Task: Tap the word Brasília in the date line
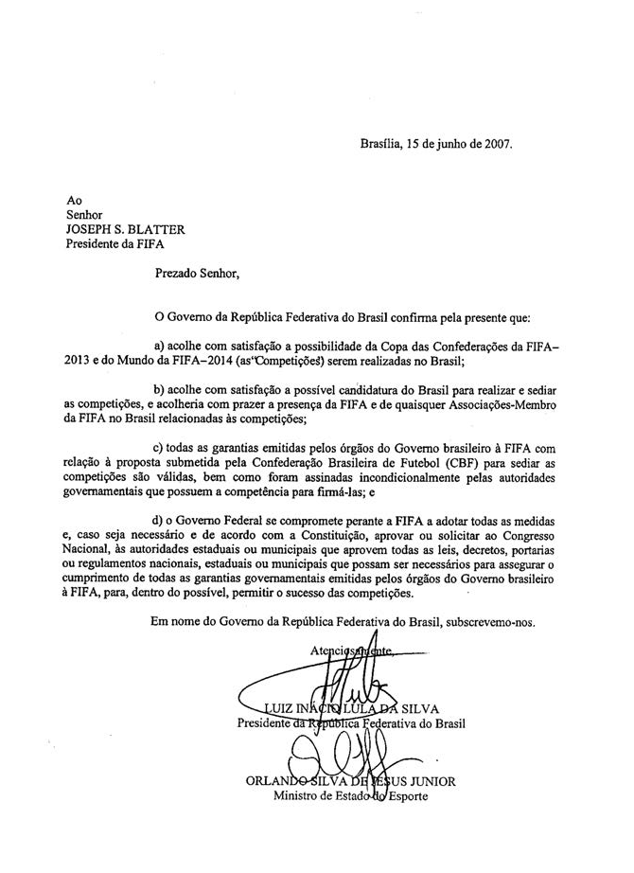[381, 145]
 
